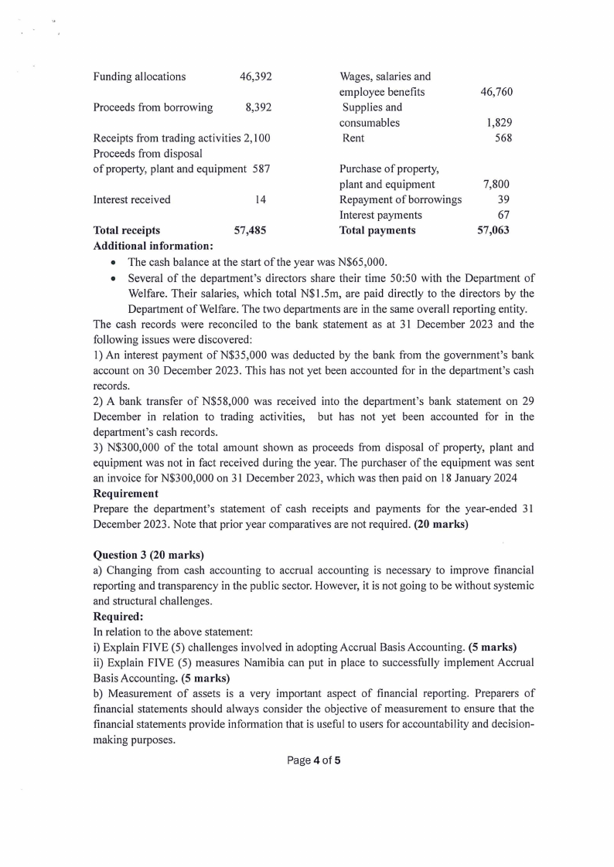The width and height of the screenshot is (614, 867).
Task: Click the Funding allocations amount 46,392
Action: (256, 76)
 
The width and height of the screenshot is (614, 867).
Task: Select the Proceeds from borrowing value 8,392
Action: (258, 107)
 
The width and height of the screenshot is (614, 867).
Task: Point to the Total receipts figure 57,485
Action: (251, 230)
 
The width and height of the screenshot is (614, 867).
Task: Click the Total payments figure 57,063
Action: (493, 230)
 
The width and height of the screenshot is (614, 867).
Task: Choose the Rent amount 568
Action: (503, 138)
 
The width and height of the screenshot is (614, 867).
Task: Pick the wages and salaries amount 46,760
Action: (496, 92)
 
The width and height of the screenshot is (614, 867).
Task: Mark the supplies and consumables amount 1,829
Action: (500, 123)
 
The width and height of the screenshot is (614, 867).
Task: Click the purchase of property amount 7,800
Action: (496, 185)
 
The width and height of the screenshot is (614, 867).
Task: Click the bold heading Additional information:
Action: (153, 246)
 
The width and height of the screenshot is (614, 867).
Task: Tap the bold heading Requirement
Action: (125, 493)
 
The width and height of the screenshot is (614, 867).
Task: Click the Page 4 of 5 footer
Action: (313, 760)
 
